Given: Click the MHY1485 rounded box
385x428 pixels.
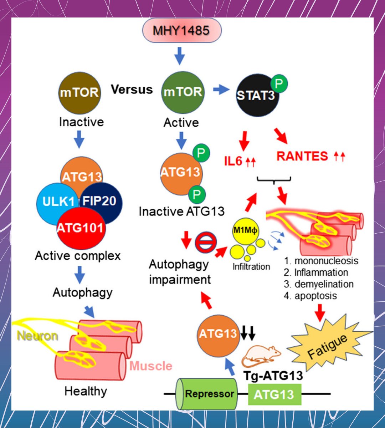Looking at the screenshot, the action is pyautogui.click(x=182, y=30).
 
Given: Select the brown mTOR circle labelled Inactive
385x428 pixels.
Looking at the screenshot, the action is pyautogui.click(x=79, y=93).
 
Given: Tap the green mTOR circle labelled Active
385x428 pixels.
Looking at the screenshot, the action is pyautogui.click(x=183, y=92).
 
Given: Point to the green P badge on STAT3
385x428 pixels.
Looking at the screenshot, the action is pyautogui.click(x=279, y=84).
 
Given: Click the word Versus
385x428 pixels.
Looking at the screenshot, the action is pyautogui.click(x=132, y=90).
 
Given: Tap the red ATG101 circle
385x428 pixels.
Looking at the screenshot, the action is pyautogui.click(x=81, y=228).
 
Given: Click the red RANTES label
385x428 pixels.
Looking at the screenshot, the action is pyautogui.click(x=302, y=156).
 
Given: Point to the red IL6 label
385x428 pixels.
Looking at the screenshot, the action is pyautogui.click(x=233, y=161).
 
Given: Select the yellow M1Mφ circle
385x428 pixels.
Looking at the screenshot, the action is pyautogui.click(x=245, y=231).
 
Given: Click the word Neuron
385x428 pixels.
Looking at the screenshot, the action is pyautogui.click(x=37, y=336).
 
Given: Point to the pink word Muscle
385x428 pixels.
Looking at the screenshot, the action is pyautogui.click(x=151, y=366).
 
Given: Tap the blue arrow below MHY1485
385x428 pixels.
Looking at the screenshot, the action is pyautogui.click(x=180, y=56).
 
